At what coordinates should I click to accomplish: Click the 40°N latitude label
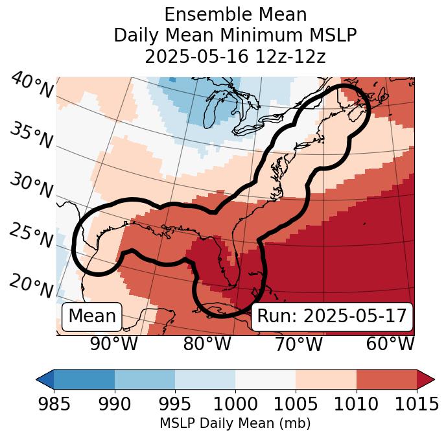click(32, 85)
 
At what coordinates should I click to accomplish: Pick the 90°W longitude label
click(113, 344)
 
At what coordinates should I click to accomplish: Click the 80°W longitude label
click(207, 344)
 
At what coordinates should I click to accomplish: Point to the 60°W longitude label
click(390, 344)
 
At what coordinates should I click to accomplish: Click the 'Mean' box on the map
click(92, 316)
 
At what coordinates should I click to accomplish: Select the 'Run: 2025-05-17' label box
click(332, 316)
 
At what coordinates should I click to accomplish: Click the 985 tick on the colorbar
click(54, 404)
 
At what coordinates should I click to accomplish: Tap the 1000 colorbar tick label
click(235, 404)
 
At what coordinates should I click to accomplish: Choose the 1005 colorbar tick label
click(296, 404)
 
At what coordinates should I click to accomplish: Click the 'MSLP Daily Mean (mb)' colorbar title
click(235, 424)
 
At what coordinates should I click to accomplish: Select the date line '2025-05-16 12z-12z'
click(235, 56)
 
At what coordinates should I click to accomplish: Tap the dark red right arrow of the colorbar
click(426, 379)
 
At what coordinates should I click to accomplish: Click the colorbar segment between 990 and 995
click(145, 379)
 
